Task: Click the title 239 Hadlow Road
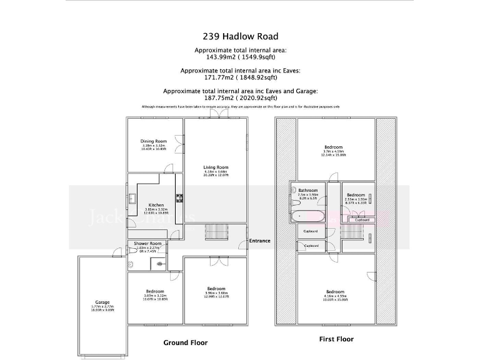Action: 241,36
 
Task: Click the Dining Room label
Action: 153,141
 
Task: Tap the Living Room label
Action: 216,167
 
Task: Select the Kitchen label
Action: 156,204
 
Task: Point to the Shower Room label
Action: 148,243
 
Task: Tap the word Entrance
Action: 259,241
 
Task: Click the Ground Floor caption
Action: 186,342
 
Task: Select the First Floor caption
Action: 336,339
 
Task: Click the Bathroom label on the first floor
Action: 307,191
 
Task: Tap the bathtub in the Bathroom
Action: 307,216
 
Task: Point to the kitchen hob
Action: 179,199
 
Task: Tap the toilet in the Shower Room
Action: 131,264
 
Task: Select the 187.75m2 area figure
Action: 212,98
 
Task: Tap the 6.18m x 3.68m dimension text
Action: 216,171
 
